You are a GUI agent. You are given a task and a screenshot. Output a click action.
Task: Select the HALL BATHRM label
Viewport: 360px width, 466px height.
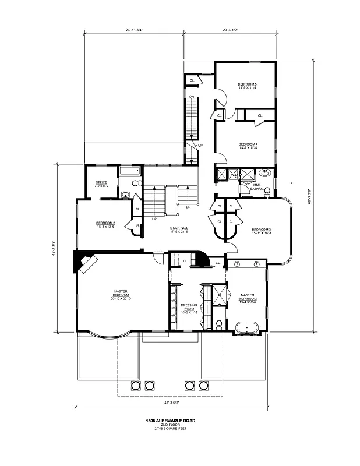[x=257, y=186]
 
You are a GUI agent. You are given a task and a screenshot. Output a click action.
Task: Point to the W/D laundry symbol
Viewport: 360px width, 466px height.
[x=233, y=174]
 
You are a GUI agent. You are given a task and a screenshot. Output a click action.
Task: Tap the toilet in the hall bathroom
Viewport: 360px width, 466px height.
[x=267, y=190]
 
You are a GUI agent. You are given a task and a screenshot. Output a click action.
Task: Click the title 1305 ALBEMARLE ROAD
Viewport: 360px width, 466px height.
[x=170, y=420]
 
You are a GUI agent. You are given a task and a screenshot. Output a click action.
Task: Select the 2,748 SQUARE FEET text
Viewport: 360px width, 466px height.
[x=170, y=429]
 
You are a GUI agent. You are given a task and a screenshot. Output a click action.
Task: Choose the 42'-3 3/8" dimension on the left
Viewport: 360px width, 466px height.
[x=54, y=248]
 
